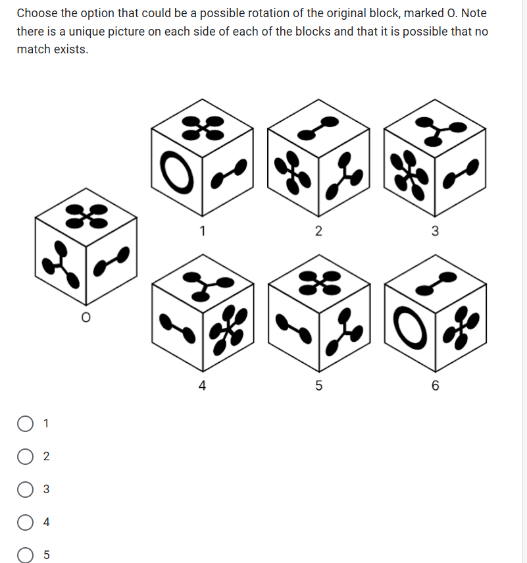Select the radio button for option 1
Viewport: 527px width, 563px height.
coord(25,423)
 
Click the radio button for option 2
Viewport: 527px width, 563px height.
coord(25,456)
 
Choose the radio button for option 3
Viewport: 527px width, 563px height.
coord(25,489)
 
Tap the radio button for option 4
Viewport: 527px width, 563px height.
coord(25,522)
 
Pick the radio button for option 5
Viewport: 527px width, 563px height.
coord(25,554)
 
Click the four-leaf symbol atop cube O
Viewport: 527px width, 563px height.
coord(86,216)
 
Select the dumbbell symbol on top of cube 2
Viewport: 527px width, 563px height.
coord(318,128)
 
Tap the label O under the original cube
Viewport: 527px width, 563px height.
coord(86,317)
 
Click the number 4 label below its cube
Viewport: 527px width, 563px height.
coord(203,385)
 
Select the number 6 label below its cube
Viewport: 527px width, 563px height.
coord(435,385)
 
